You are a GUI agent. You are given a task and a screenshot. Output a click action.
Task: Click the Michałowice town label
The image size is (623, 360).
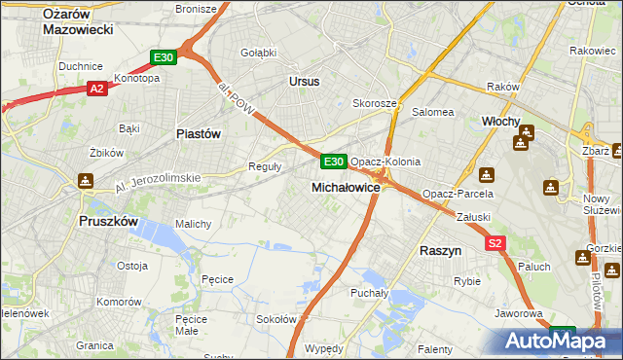point(345,187)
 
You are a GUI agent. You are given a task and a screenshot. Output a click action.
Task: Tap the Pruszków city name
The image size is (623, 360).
point(109,221)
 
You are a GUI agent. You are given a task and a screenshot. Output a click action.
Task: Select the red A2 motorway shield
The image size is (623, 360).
point(96,89)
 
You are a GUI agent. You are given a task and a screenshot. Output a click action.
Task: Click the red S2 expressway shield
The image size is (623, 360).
point(495,243)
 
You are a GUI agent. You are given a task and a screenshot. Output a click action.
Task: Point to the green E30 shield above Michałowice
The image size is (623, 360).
point(333,161)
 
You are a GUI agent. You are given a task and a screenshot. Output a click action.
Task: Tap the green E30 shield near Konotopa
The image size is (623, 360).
point(164,58)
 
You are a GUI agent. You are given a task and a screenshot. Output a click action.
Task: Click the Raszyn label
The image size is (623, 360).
point(440,250)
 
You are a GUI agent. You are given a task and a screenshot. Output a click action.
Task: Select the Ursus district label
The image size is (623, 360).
point(304,82)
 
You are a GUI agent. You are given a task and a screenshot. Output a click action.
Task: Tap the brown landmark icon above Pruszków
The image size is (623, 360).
point(85,180)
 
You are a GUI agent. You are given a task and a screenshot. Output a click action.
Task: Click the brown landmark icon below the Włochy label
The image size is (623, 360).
point(520,144)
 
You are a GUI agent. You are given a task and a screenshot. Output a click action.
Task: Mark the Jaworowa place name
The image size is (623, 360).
point(518,314)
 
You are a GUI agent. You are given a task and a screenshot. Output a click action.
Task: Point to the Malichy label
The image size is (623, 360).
point(194,224)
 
